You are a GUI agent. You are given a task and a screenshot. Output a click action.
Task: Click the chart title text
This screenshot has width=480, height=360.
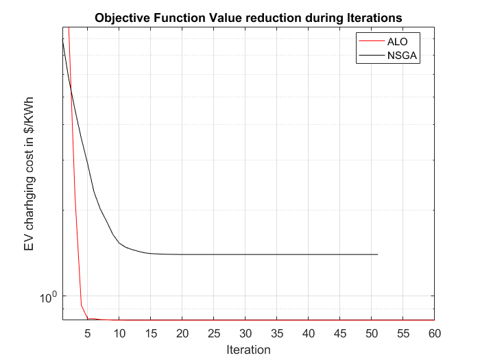point(248,17)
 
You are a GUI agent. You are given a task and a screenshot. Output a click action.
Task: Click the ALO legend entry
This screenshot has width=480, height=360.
point(398,42)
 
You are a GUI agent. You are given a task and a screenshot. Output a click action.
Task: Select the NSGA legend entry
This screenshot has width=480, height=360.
point(401,56)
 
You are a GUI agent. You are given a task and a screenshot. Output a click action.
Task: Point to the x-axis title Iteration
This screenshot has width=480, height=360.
point(248,350)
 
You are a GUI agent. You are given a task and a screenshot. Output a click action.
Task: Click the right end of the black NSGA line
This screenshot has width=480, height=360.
point(377,254)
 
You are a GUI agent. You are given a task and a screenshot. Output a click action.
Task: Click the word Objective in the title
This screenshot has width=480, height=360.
point(121,17)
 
